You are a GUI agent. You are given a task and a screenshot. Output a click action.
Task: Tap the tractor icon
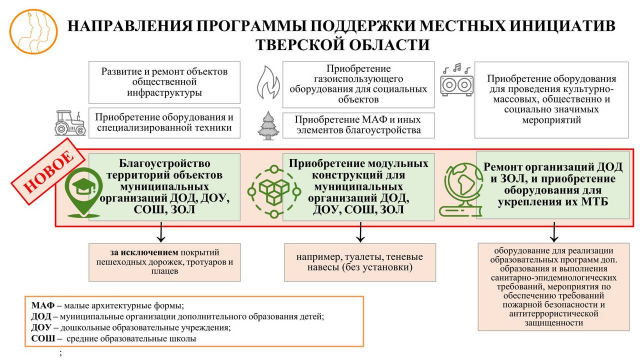click(x=70, y=123)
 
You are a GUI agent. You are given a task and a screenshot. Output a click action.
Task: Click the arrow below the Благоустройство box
click(x=161, y=231)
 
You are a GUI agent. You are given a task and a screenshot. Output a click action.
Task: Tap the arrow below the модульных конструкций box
click(x=360, y=232)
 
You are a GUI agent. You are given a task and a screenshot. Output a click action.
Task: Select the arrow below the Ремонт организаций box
click(x=553, y=231)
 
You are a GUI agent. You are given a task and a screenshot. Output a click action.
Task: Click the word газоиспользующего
click(x=358, y=79)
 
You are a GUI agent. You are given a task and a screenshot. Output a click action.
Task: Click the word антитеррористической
click(x=553, y=313)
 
